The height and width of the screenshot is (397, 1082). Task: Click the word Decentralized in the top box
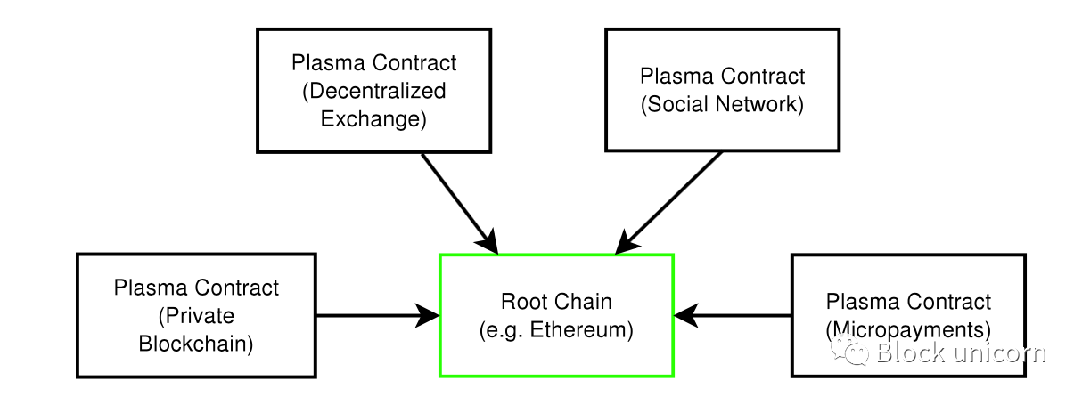coord(373,91)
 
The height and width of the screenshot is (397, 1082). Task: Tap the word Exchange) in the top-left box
coord(373,118)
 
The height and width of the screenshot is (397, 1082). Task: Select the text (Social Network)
coord(722,104)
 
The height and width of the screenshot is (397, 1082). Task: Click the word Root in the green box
coord(521,302)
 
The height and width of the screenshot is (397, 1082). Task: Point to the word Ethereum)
coord(582,330)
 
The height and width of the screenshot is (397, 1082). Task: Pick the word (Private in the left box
coord(196,316)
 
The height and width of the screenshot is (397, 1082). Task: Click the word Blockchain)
coord(195,344)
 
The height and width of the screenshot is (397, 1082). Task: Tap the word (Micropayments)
coord(908,330)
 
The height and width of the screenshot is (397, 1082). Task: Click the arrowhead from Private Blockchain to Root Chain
coord(428,316)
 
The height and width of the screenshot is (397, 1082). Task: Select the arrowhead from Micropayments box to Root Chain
coord(686,316)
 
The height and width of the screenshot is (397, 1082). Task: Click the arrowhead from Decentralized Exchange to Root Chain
coord(488,241)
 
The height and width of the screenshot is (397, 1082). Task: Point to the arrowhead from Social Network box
coord(627,242)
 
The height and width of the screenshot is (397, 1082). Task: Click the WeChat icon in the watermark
coord(849,351)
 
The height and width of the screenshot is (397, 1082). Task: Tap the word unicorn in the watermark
coord(999,352)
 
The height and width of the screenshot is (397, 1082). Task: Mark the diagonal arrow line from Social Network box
coord(669,203)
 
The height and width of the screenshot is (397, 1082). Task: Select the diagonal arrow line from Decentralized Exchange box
coord(460,204)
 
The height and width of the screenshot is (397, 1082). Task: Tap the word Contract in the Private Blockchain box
coord(240,288)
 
